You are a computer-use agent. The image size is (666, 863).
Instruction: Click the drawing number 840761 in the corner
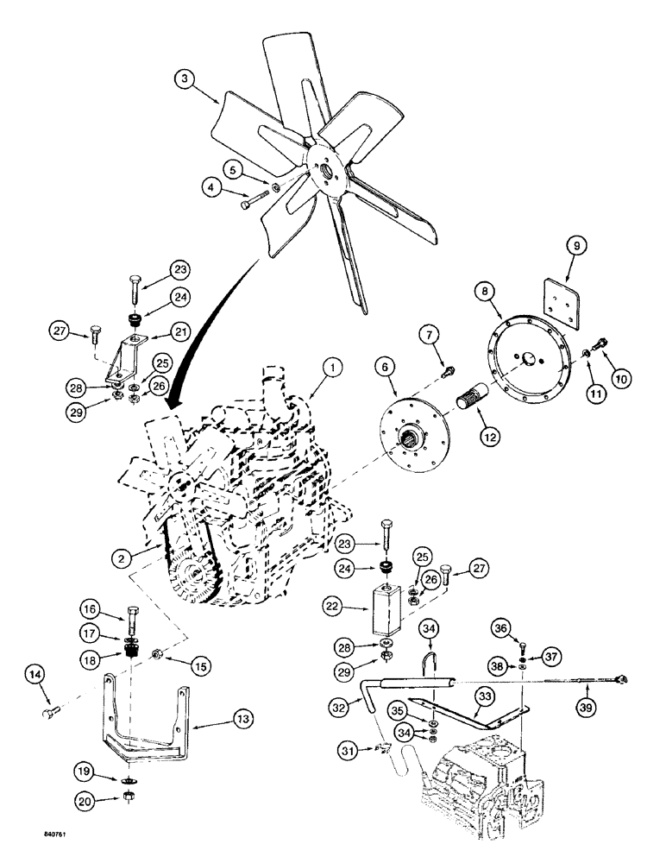tap(34, 836)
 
